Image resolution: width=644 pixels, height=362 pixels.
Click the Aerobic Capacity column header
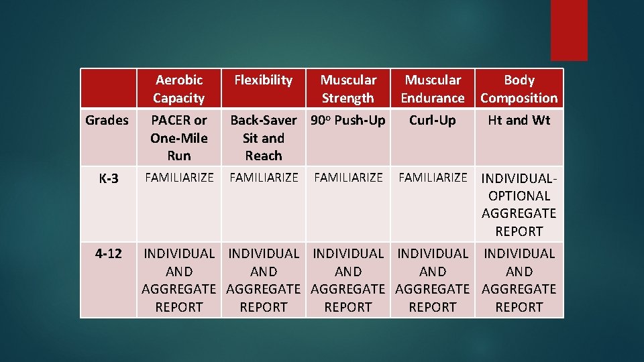click(178, 88)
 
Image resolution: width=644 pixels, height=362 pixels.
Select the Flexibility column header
click(263, 80)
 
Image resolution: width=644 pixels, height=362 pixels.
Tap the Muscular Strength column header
click(347, 88)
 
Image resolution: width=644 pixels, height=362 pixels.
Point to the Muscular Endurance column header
click(433, 88)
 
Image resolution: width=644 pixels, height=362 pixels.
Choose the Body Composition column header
click(519, 88)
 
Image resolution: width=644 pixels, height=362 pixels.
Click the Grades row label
click(107, 121)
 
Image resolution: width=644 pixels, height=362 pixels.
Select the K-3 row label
click(107, 179)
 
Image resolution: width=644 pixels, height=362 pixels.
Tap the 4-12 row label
click(107, 254)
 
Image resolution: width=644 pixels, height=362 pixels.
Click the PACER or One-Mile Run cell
click(178, 137)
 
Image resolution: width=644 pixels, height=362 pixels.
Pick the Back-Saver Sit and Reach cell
click(263, 137)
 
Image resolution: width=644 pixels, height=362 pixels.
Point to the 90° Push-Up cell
click(347, 121)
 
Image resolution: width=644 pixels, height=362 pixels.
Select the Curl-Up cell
click(433, 121)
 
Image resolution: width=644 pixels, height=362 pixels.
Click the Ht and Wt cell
click(519, 121)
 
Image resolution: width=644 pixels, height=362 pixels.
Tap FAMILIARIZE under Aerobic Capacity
click(178, 178)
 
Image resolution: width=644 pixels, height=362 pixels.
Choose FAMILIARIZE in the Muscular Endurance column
click(433, 178)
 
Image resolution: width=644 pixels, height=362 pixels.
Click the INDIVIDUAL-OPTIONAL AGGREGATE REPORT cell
click(519, 204)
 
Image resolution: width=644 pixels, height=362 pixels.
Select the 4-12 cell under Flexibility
click(263, 280)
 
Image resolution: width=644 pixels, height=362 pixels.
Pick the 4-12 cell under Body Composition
click(519, 280)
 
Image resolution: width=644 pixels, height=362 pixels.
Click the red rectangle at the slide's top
click(569, 30)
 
